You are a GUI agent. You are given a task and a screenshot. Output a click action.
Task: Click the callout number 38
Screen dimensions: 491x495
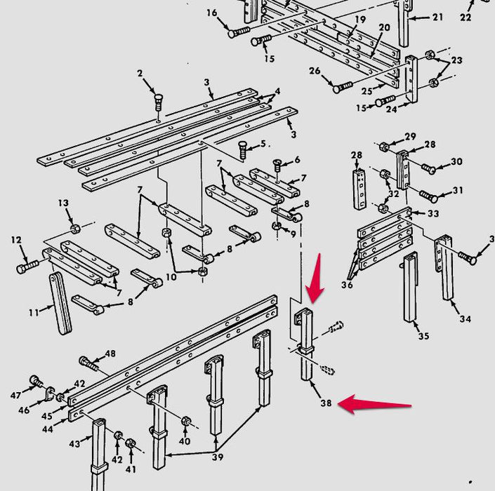tap(325, 403)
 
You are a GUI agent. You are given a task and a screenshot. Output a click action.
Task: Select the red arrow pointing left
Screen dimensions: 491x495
tap(375, 405)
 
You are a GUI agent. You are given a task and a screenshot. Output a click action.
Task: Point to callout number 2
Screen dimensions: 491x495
tap(140, 74)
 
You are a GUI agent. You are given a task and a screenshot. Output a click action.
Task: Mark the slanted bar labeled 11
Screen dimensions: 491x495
tap(61, 304)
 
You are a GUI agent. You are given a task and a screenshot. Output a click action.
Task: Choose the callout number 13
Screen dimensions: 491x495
tap(64, 203)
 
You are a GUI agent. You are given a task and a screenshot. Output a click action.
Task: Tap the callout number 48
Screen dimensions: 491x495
tap(110, 354)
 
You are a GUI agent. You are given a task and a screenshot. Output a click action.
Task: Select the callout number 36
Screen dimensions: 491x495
tap(348, 284)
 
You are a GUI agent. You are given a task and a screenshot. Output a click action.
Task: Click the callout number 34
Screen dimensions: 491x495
tap(465, 320)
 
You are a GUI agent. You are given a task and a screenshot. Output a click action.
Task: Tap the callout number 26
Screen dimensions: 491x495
tap(315, 70)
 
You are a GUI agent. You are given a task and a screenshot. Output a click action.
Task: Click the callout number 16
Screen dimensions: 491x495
tap(212, 13)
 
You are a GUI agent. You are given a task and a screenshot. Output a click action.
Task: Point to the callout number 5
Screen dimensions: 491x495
tap(263, 144)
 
